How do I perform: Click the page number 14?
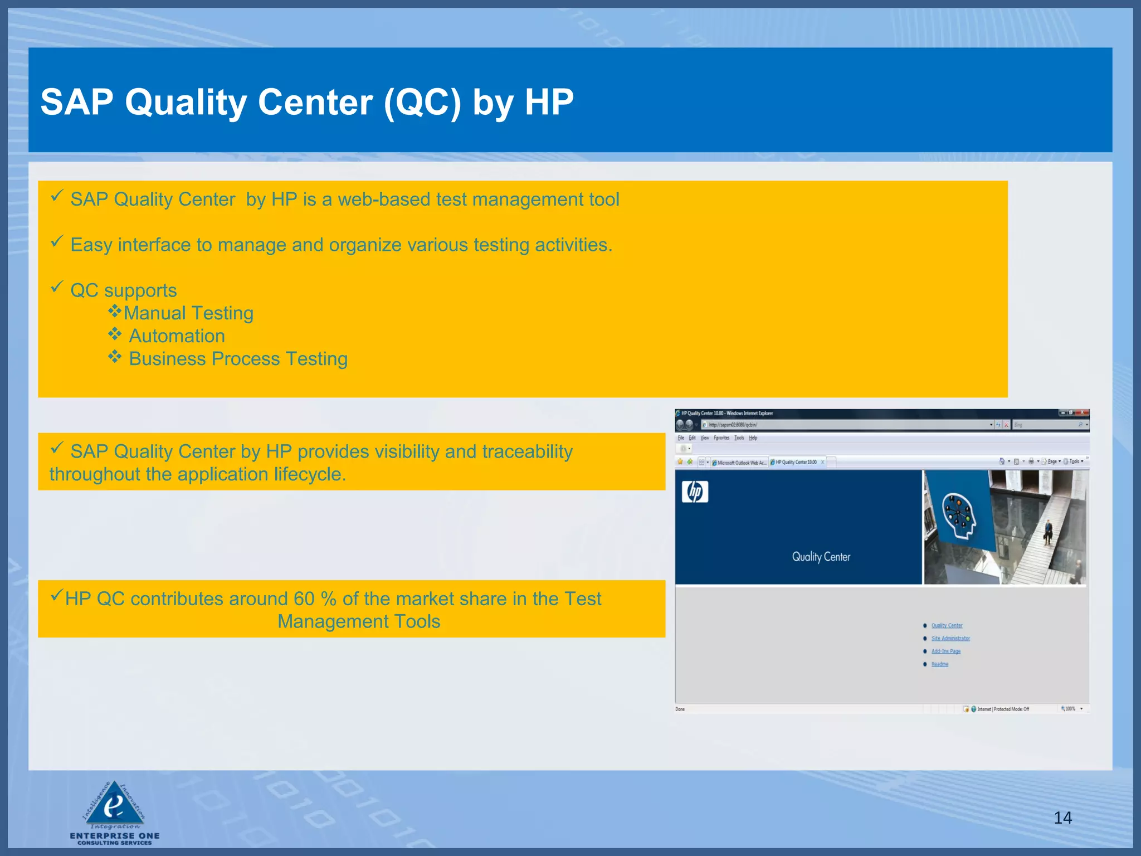coord(1062,818)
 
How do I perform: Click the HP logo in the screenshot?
coord(695,492)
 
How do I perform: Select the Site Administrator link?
coord(950,639)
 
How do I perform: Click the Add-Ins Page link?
coord(946,651)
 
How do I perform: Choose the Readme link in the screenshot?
coord(940,664)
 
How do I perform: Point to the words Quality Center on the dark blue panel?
coord(821,557)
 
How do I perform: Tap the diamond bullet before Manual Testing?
coord(115,311)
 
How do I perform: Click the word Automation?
coord(177,336)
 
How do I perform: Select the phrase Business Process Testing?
coord(238,359)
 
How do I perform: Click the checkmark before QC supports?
coord(57,287)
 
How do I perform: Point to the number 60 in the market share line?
coord(304,599)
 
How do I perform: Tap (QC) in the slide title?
coord(422,102)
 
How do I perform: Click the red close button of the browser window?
coord(1082,413)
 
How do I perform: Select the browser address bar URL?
coord(733,425)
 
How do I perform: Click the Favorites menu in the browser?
coord(721,438)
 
